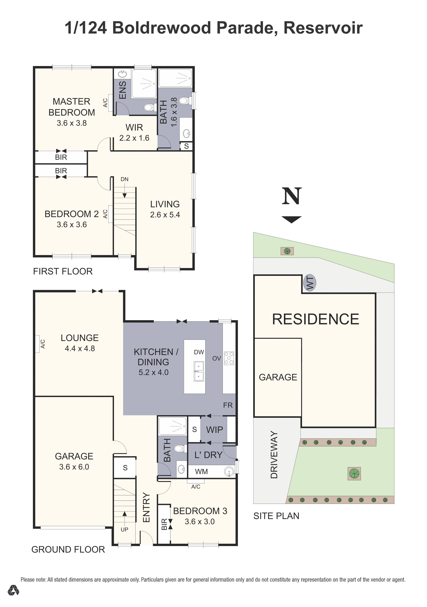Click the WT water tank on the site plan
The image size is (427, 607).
[x=310, y=283]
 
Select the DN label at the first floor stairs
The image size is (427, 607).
[x=125, y=179]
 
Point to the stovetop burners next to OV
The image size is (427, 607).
[x=229, y=358]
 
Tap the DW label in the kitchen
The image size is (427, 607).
[x=199, y=352]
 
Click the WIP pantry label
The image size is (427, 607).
[x=214, y=430]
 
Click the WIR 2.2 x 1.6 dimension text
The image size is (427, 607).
[x=134, y=138]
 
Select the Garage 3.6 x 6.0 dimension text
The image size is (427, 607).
[x=74, y=467]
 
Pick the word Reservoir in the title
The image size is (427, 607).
[x=323, y=28]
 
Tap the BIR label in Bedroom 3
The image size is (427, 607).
[x=164, y=524]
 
